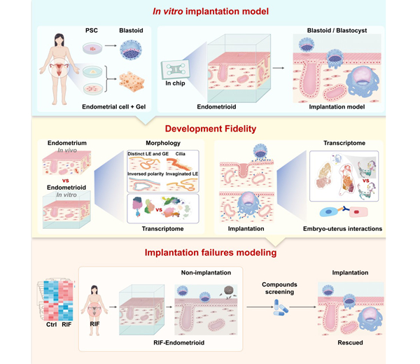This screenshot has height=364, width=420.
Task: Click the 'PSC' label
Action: pyautogui.click(x=93, y=31)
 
